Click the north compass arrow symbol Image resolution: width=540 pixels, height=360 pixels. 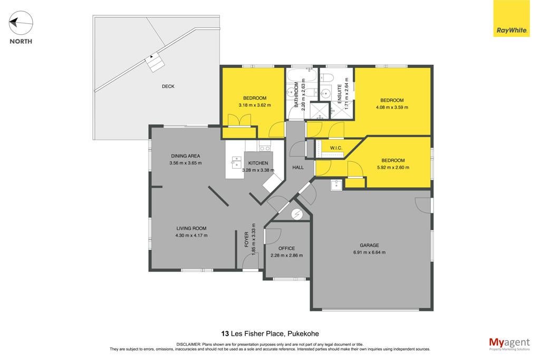pos(21,23)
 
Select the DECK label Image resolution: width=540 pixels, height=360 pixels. pos(168,86)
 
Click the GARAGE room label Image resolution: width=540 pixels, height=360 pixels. pos(369,246)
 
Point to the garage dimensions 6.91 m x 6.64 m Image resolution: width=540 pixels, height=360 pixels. pos(369,252)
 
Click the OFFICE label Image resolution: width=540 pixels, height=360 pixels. pos(286,248)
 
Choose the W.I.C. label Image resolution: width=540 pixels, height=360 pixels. pos(336,148)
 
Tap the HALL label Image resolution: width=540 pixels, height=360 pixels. pos(298,167)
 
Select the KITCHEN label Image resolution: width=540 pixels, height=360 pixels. pos(258,163)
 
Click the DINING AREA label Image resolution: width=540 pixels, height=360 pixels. pos(185,156)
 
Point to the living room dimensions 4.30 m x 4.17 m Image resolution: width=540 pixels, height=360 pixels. pos(191,236)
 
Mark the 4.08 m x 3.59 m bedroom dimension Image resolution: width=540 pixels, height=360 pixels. pos(392,108)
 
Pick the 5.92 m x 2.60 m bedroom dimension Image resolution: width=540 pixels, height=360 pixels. pos(393,168)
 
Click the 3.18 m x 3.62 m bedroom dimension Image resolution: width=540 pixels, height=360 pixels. pos(255,105)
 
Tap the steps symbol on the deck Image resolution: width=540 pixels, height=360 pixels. pos(155,62)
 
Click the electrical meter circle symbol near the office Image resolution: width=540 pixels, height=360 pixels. pos(296,215)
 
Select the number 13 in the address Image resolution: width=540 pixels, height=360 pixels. pos(225,334)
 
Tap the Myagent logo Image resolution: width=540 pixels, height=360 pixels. pos(509,344)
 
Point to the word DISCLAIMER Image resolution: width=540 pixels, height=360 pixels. pos(189,344)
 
